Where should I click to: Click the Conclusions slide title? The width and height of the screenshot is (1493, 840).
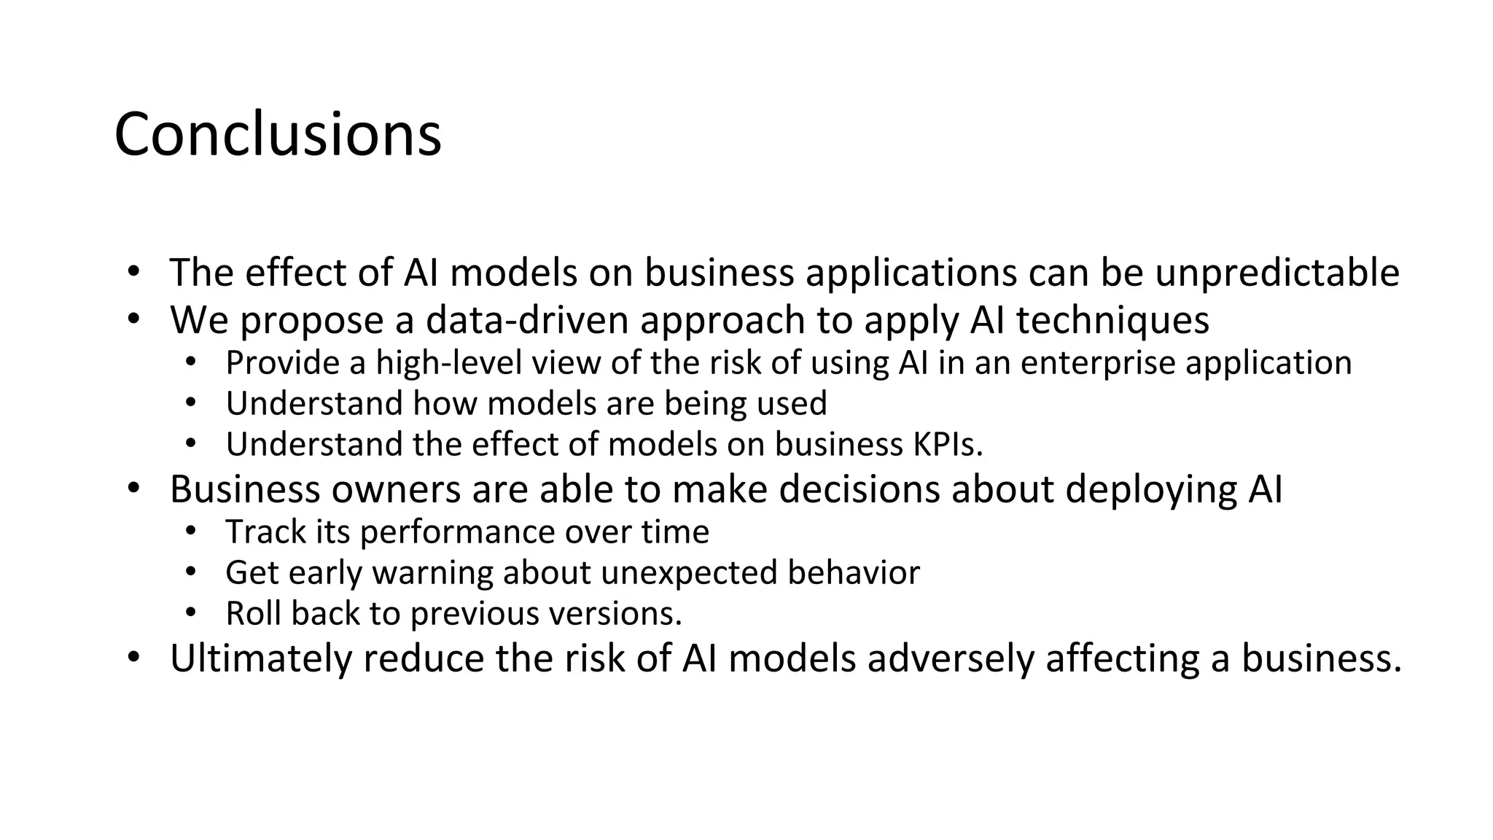[278, 134]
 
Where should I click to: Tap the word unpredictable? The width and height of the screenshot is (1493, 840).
[1277, 273]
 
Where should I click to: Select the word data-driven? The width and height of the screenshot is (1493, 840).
[527, 320]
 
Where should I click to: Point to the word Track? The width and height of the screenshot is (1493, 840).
[265, 532]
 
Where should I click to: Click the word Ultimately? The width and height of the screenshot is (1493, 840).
[260, 658]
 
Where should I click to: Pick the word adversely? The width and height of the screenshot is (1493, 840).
[950, 658]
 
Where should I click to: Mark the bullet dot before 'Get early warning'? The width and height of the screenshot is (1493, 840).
[190, 572]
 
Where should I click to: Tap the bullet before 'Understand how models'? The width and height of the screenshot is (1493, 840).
[190, 402]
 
